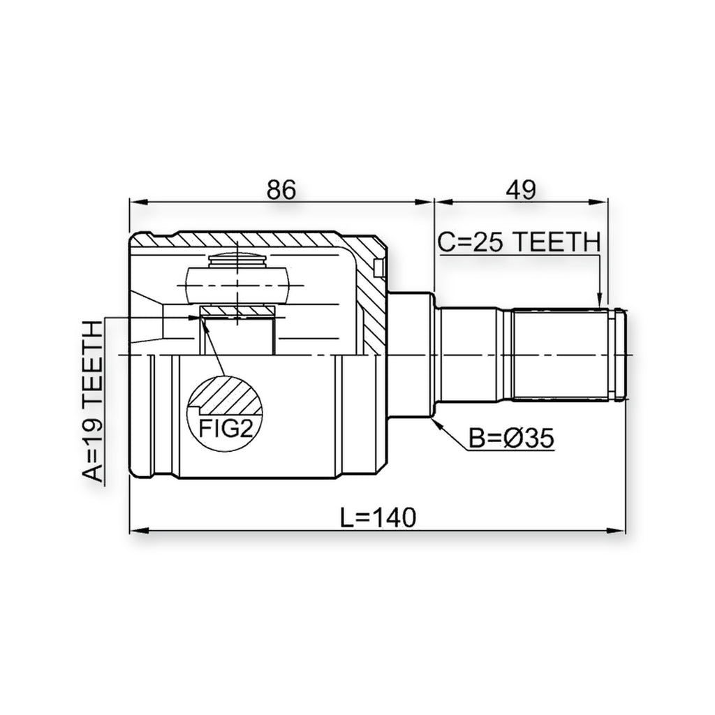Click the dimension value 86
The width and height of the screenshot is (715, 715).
point(281,190)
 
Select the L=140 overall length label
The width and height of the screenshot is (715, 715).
point(378,517)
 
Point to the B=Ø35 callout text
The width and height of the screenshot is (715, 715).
point(511,438)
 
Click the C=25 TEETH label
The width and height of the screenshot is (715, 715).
point(519,242)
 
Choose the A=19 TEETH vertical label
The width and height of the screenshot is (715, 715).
point(93,401)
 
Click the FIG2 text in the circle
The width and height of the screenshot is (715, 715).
point(226,429)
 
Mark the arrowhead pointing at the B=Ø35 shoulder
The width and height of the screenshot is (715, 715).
point(437,422)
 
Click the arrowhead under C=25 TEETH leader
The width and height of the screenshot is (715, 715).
point(600,300)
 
